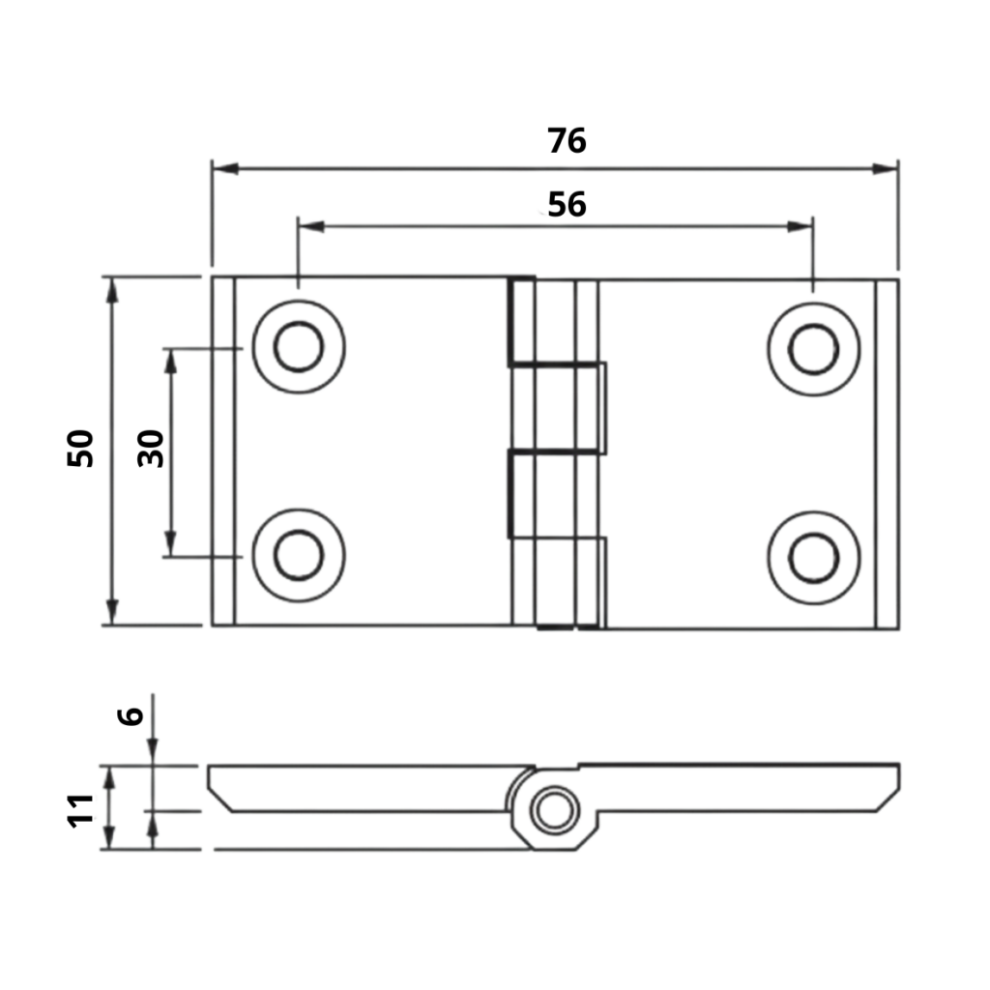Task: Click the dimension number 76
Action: (567, 141)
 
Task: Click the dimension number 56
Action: (567, 205)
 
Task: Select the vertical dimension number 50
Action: (81, 449)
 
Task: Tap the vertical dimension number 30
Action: (152, 449)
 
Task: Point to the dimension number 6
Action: (131, 715)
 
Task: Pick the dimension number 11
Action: (81, 808)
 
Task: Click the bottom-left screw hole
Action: (299, 556)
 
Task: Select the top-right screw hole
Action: (813, 348)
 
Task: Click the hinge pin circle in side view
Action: (554, 809)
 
